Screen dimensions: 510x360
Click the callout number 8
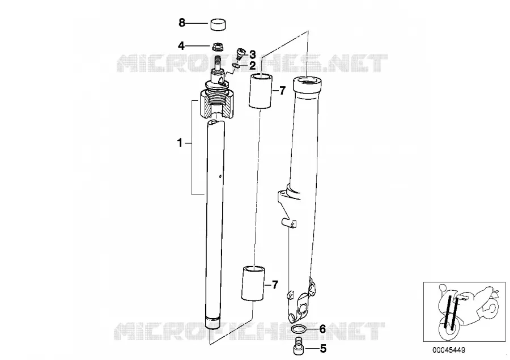pos(182,23)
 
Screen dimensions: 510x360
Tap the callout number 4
pos(181,46)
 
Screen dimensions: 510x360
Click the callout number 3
pos(253,54)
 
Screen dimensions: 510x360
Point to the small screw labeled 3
pos(240,53)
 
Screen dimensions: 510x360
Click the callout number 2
pos(253,66)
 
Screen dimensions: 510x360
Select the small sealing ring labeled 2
pos(236,66)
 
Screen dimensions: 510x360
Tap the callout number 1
pos(180,143)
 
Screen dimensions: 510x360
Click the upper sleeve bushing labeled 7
pos(260,91)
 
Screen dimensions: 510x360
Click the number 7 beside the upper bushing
pos(282,91)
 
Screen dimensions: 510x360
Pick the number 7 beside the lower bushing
pos(275,285)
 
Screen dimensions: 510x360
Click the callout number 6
pos(322,329)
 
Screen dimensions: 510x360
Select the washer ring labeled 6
pos(298,330)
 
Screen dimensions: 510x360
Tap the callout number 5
pos(323,349)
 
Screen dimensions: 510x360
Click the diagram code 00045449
pos(449,350)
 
